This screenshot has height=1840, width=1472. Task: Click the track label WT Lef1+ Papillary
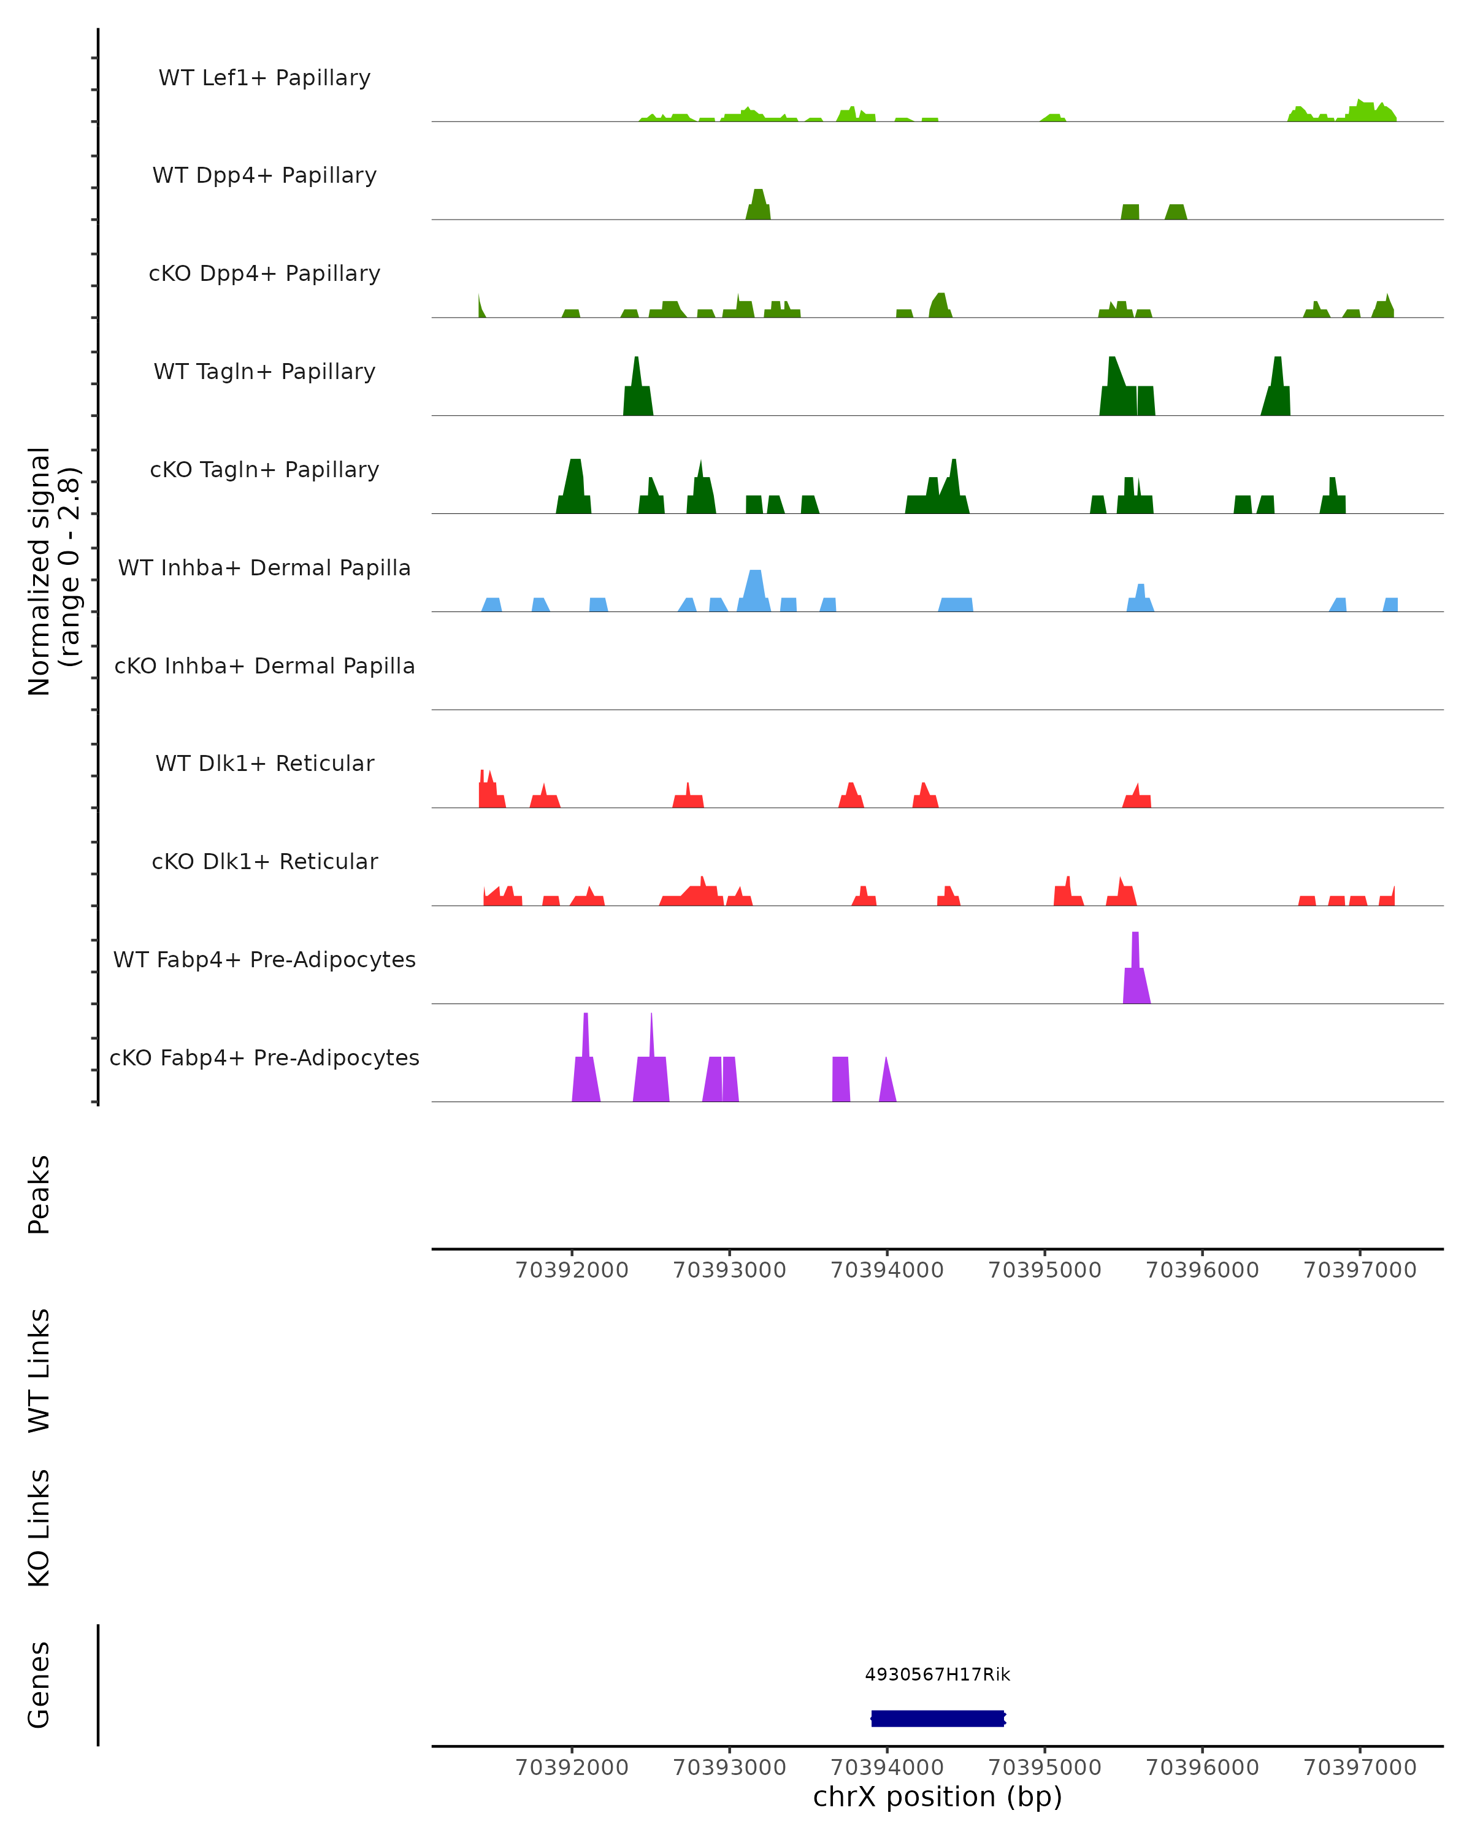[x=264, y=78]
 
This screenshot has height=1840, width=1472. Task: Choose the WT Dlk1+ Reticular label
[x=264, y=763]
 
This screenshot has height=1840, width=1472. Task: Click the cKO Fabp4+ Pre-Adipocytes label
[x=264, y=1057]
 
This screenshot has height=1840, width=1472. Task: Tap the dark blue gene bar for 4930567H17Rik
[x=938, y=1718]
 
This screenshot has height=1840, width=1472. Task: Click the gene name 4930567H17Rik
[x=938, y=1674]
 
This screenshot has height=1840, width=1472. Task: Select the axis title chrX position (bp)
[x=938, y=1796]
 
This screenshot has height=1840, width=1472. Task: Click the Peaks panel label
[x=39, y=1194]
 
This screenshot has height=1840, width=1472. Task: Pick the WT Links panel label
[x=39, y=1370]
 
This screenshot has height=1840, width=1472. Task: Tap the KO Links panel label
[x=39, y=1528]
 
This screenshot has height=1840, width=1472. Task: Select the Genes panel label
[x=39, y=1685]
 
